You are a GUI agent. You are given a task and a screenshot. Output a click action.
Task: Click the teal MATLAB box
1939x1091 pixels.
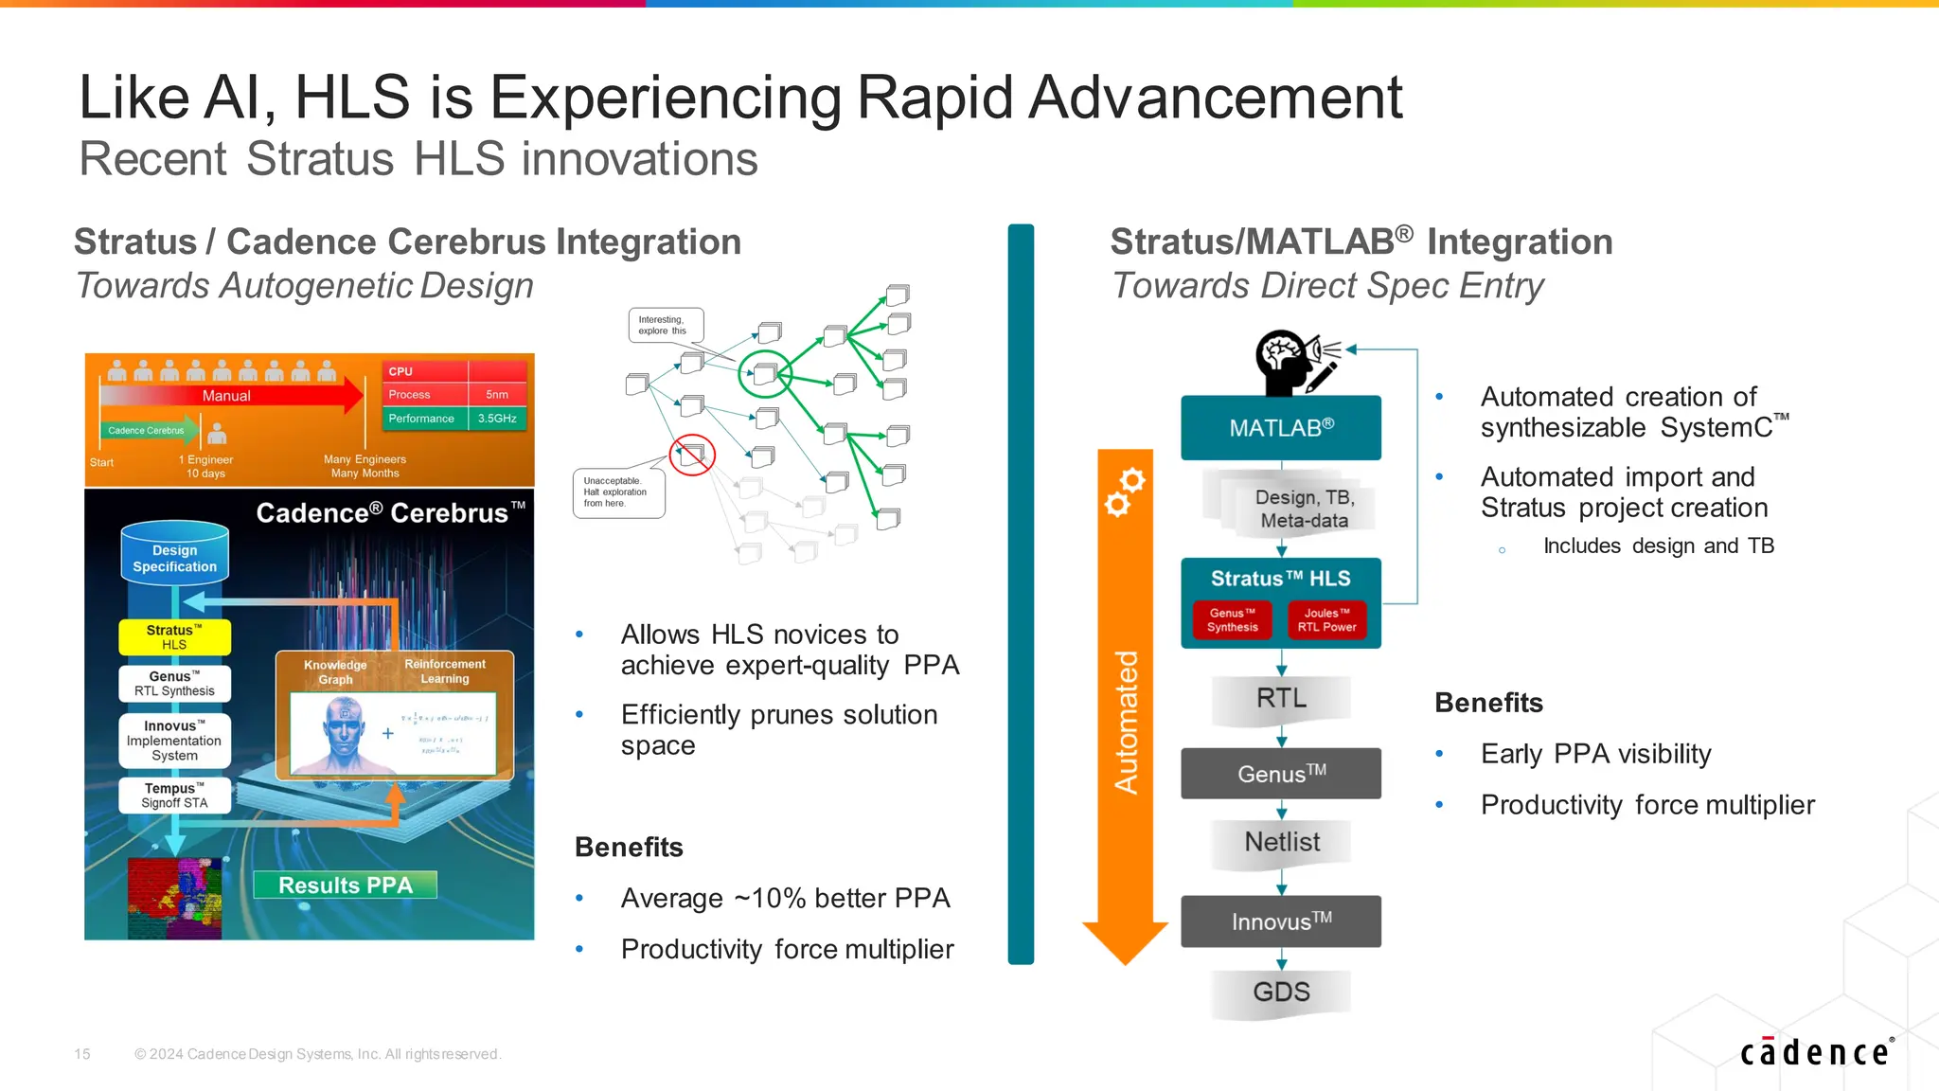coord(1280,428)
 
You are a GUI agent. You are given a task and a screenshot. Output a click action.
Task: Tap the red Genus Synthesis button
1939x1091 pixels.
coord(1232,620)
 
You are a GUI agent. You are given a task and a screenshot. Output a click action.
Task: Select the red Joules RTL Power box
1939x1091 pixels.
coord(1326,620)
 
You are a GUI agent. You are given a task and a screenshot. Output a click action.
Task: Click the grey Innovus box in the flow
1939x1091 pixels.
coord(1280,921)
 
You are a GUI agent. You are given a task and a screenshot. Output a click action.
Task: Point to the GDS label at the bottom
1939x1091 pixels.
coord(1281,993)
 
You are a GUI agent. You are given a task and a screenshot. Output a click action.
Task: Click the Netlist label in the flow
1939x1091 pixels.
coord(1281,842)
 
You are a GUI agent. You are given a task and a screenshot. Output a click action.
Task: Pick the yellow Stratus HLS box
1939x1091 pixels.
coord(174,637)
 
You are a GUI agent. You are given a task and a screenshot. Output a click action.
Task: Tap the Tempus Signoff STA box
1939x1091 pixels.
coord(174,796)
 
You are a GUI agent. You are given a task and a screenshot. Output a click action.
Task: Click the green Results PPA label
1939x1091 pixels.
coord(345,885)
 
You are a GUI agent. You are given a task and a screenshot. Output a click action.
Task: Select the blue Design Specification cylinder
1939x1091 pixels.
coord(174,553)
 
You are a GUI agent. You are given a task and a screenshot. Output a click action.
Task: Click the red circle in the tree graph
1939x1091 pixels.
coord(692,455)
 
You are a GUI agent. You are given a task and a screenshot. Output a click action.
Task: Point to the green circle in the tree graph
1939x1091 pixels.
coord(763,373)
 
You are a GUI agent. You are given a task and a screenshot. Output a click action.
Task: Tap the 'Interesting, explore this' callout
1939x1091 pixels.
coord(665,325)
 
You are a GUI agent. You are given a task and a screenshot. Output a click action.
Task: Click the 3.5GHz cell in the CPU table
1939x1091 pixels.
coord(497,419)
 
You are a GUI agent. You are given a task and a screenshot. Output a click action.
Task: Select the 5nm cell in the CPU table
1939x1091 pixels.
coord(497,395)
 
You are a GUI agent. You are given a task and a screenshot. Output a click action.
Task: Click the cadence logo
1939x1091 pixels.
coord(1815,1052)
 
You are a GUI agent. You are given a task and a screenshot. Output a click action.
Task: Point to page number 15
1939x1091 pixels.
coord(82,1054)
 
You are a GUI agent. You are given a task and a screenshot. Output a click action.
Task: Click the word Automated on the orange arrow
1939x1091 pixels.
coord(1125,722)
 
